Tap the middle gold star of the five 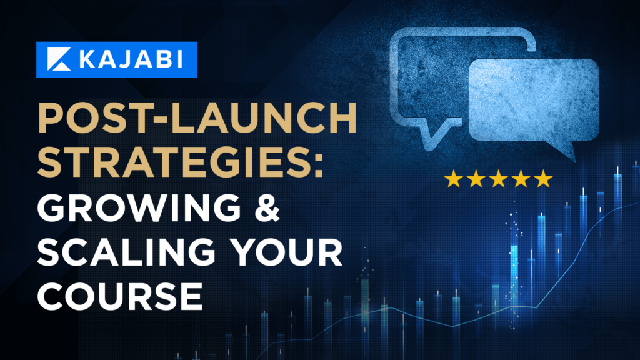click(498, 179)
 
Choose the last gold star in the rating click(543, 179)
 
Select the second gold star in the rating click(476, 179)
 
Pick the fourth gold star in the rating click(521, 179)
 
